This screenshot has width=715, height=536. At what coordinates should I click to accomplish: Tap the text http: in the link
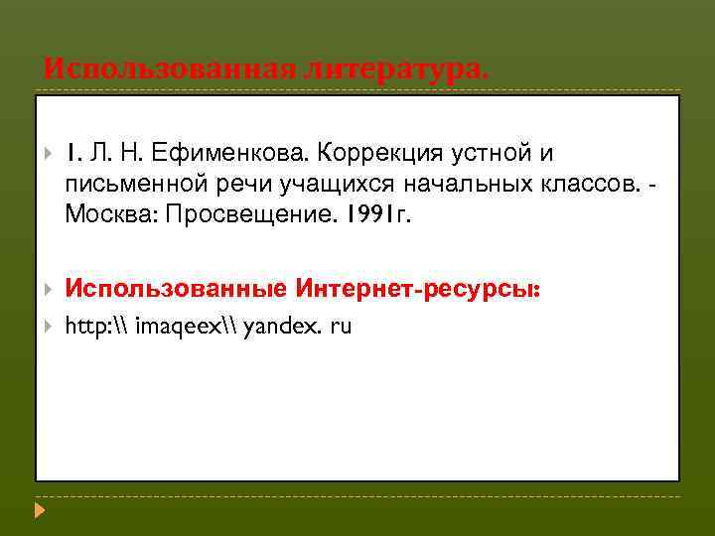86,326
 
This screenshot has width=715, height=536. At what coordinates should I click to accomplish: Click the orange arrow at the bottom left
40,512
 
